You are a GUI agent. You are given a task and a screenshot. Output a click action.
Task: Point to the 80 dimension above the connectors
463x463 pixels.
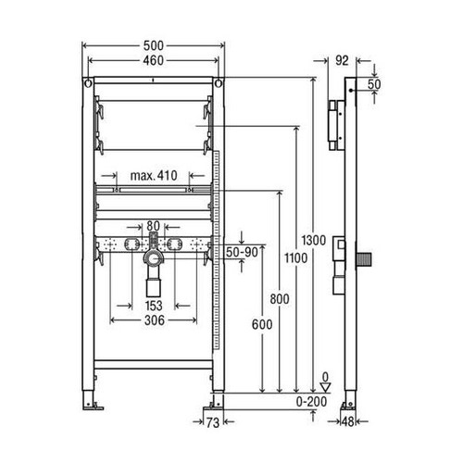(x=153, y=224)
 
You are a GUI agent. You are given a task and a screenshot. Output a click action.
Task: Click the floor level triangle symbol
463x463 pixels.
(x=323, y=386)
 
